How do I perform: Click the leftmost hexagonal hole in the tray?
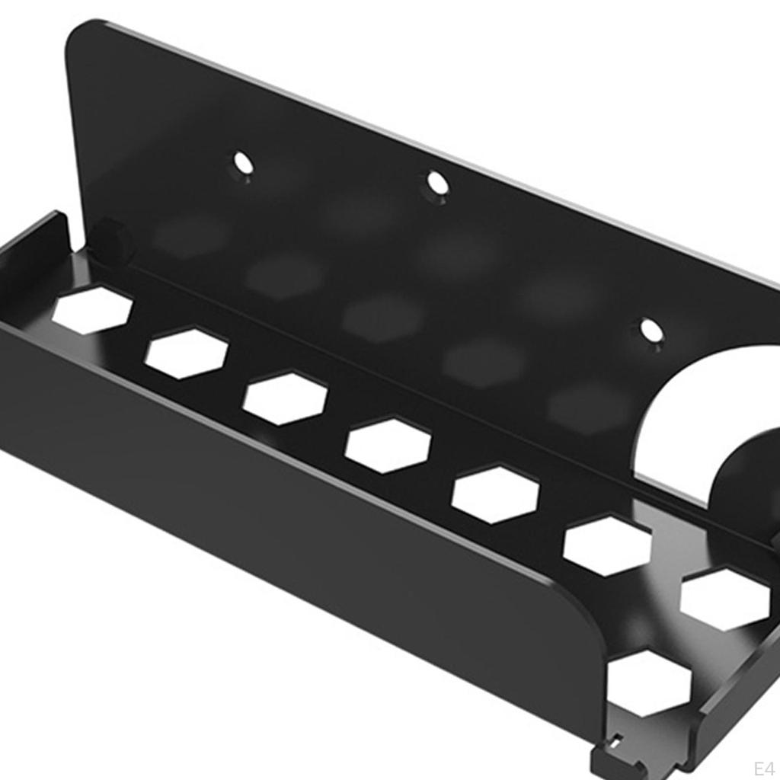pos(92,310)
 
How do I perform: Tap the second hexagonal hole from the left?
pos(187,353)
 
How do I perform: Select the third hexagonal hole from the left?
pos(285,398)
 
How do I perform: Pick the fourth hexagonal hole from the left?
pos(388,446)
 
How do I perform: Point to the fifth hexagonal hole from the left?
pos(495,495)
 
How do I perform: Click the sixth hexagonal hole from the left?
pos(607,545)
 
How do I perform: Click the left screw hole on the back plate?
pos(243,162)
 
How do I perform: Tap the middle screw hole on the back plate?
pos(437,183)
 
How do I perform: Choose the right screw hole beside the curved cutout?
pos(651,331)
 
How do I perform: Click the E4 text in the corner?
pos(763,766)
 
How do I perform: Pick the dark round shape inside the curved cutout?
pos(750,487)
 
